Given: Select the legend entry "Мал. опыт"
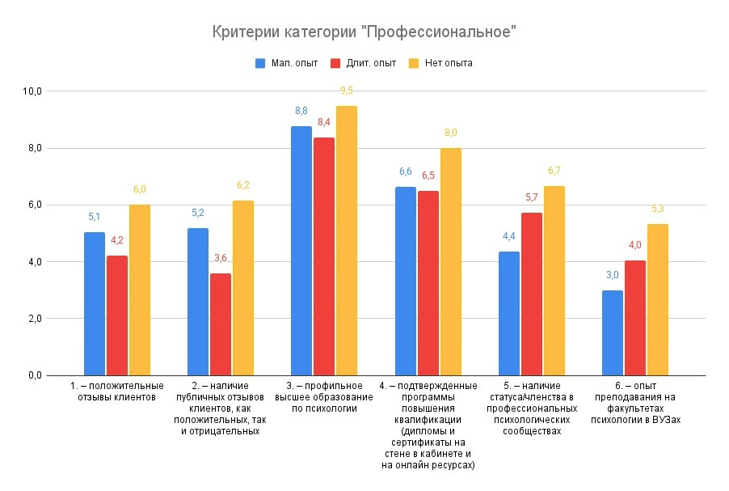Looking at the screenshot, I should [293, 63].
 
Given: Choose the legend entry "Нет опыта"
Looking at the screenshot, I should [448, 63].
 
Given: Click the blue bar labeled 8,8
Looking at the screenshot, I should [301, 251].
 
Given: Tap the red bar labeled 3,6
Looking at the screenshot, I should [221, 324].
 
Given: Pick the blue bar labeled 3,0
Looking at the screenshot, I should [613, 332].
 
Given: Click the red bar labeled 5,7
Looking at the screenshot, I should [532, 294].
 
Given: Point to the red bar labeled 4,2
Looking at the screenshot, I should [117, 315].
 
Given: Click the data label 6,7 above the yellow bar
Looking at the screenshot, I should [554, 171].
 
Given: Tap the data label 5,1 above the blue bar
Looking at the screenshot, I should [95, 217].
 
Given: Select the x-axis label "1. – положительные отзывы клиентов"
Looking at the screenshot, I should [117, 392].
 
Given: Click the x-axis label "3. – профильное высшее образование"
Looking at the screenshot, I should [324, 397].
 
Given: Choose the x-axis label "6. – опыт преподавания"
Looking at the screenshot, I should [634, 403].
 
